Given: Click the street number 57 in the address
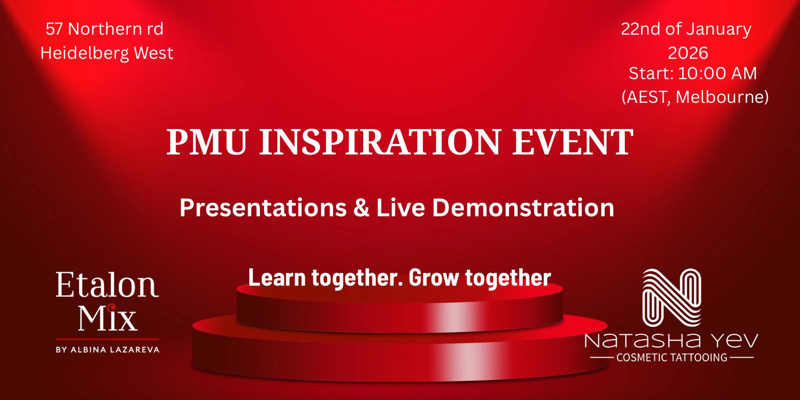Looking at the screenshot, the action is [x=54, y=29].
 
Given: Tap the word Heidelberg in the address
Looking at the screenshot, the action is [x=85, y=53].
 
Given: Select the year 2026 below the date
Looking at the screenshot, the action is [x=688, y=53].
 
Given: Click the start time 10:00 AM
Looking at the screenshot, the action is [x=717, y=74].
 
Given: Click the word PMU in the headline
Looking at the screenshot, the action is [x=207, y=142].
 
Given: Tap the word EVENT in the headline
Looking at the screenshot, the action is [x=573, y=142].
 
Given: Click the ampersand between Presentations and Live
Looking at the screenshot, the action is [x=361, y=208].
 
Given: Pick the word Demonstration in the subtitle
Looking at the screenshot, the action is [x=523, y=208].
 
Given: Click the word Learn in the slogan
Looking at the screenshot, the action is [x=277, y=278].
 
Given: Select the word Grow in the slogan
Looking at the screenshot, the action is [x=434, y=278].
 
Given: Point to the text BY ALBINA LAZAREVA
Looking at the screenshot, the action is [x=108, y=350].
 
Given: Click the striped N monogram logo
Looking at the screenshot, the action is [x=672, y=298].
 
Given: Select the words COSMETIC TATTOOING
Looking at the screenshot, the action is [x=672, y=358].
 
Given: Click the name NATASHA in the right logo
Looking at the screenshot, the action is [x=643, y=341].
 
